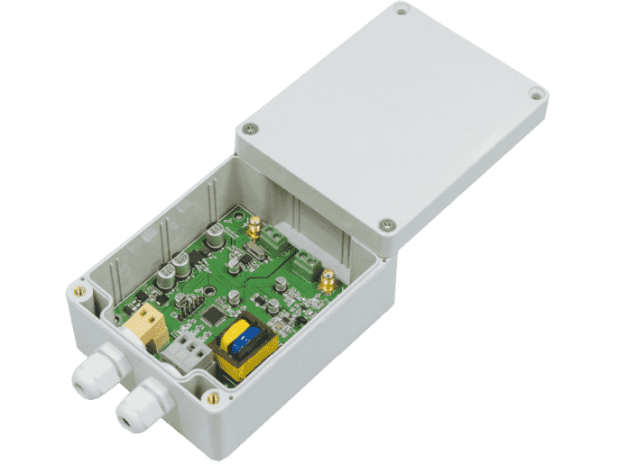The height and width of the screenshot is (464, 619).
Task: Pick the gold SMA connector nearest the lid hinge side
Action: pos(329,280)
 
